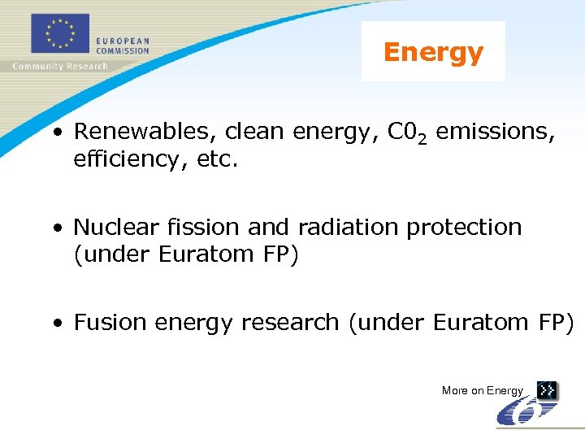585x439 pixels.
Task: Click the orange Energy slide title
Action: click(x=433, y=52)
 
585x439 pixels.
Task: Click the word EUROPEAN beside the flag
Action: click(x=123, y=41)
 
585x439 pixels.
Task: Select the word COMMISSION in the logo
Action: click(x=123, y=50)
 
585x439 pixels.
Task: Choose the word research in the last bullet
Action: click(x=290, y=323)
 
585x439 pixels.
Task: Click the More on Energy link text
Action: click(x=483, y=391)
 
